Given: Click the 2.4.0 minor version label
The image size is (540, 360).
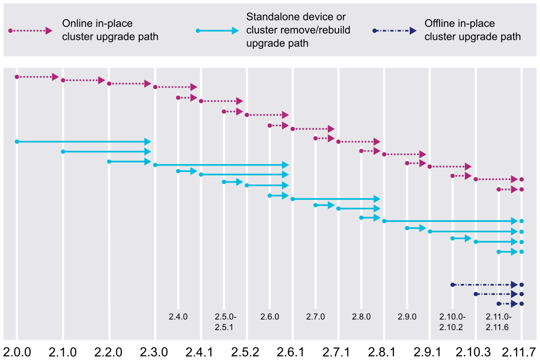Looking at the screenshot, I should pyautogui.click(x=178, y=316).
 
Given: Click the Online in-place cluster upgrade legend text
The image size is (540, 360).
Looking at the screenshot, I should pyautogui.click(x=110, y=30).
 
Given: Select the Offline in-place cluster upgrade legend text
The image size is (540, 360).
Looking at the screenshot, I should pyautogui.click(x=472, y=30).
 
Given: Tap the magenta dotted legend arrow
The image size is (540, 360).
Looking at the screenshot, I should pyautogui.click(x=30, y=31).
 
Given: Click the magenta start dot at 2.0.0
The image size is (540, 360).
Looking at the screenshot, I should pyautogui.click(x=17, y=77).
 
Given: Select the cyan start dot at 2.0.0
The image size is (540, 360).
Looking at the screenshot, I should pyautogui.click(x=17, y=142).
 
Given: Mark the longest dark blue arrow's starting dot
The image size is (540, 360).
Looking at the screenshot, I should pyautogui.click(x=452, y=285).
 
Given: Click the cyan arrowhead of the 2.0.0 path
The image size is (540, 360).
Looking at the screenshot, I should pyautogui.click(x=147, y=142).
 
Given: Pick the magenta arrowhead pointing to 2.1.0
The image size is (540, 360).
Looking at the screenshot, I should pyautogui.click(x=55, y=77).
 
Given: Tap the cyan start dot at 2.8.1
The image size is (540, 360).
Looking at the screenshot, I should pyautogui.click(x=384, y=221).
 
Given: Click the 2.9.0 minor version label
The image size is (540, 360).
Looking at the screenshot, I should pyautogui.click(x=407, y=316).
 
